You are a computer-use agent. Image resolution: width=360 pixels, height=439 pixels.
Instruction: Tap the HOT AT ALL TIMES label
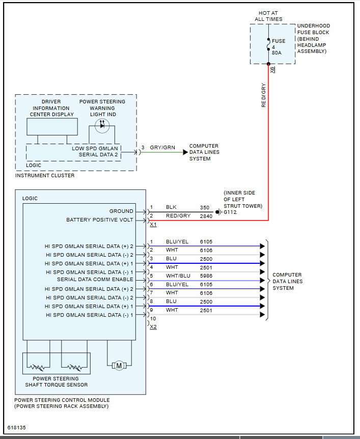click(268, 16)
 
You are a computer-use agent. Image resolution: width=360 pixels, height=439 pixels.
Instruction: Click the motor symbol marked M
click(119, 365)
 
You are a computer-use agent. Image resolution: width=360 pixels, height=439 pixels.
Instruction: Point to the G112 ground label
click(231, 212)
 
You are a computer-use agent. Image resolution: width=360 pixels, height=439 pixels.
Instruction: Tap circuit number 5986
click(206, 276)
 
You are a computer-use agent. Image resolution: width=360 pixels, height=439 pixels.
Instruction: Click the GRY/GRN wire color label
click(162, 148)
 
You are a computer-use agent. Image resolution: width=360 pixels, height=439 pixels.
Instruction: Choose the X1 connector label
click(153, 225)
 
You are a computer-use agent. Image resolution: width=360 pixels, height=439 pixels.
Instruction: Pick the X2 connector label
click(153, 327)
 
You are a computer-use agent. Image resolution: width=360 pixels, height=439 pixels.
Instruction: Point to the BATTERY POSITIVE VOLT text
click(100, 220)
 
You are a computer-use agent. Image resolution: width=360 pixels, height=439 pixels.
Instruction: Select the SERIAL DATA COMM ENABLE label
click(95, 280)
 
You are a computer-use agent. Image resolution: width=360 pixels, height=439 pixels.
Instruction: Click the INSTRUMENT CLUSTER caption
click(45, 176)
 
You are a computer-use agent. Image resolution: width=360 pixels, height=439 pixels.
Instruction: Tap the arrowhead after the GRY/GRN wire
click(185, 152)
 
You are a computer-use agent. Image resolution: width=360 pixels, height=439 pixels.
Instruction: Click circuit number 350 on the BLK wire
click(205, 208)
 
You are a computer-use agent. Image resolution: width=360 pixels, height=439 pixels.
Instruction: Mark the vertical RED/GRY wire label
click(264, 95)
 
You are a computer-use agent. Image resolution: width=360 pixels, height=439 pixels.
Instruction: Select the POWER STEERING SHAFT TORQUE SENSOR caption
click(56, 381)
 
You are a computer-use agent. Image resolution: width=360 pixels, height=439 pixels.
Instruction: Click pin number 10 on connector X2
click(153, 319)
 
